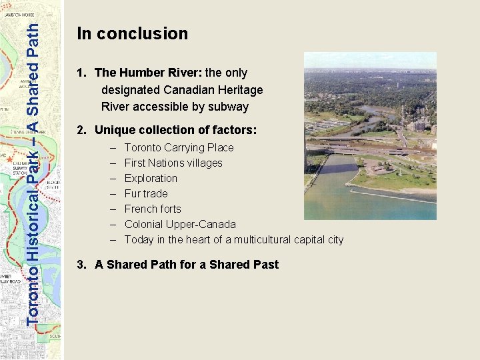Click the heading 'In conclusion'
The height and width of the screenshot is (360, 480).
[133, 33]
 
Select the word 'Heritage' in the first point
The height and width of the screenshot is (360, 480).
[241, 89]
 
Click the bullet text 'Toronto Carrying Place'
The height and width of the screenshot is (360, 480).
[179, 147]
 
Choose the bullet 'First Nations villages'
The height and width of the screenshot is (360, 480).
[173, 163]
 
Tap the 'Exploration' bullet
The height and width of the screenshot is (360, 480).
[151, 178]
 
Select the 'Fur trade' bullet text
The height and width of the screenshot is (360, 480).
[146, 193]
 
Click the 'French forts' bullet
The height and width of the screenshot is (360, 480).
[153, 209]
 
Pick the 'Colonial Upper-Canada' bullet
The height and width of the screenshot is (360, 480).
[180, 224]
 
